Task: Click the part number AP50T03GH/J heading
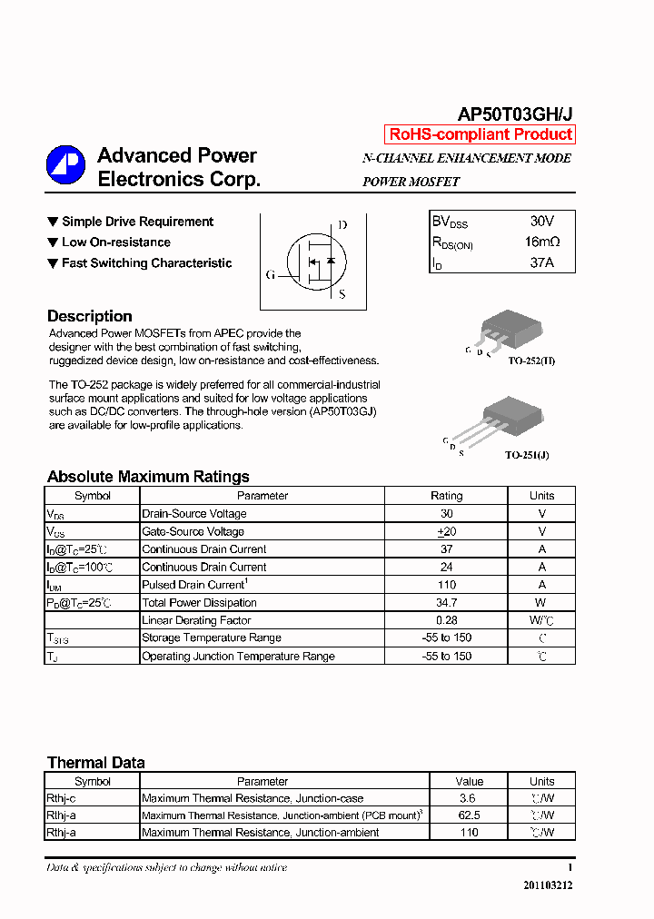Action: point(514,114)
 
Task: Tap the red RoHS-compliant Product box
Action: point(480,134)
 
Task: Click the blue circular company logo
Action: point(65,165)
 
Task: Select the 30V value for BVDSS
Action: point(541,222)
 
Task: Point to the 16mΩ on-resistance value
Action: point(541,242)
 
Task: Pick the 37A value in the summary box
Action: point(541,263)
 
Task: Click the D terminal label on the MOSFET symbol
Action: point(342,224)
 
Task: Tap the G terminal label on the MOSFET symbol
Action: point(271,274)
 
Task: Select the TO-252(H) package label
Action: point(531,361)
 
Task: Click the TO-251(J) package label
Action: point(527,455)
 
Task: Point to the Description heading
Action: point(90,316)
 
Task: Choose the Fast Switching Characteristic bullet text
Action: point(146,263)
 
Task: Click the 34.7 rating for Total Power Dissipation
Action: point(446,603)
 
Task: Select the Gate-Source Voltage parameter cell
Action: point(193,531)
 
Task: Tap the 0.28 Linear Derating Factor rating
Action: point(446,620)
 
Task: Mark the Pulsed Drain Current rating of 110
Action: point(446,585)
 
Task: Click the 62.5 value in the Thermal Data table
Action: point(469,815)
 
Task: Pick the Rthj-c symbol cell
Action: point(61,798)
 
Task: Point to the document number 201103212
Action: point(548,885)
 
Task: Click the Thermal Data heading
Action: point(96,763)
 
